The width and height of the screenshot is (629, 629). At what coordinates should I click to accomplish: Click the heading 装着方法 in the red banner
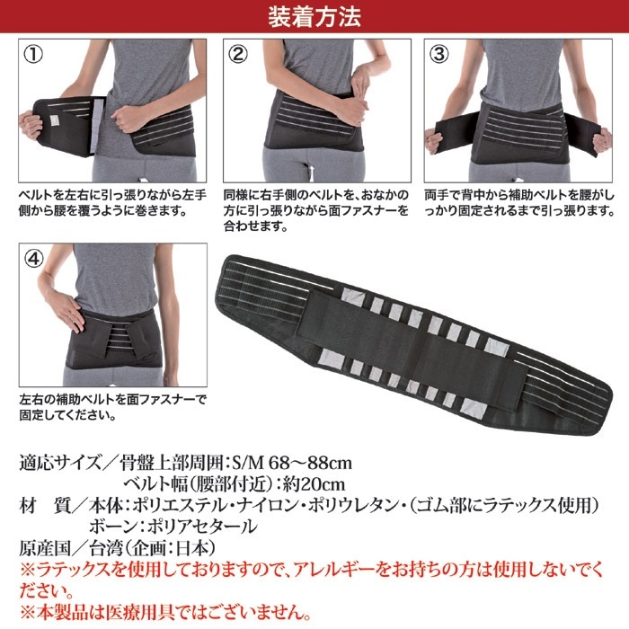click(314, 17)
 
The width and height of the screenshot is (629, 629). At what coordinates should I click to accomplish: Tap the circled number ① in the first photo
click(34, 55)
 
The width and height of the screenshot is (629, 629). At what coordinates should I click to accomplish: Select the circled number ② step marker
click(238, 55)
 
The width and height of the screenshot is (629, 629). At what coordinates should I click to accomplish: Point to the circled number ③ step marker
click(439, 55)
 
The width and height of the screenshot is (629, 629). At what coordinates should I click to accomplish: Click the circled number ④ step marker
click(34, 259)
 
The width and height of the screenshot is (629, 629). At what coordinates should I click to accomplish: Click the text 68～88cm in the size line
click(310, 464)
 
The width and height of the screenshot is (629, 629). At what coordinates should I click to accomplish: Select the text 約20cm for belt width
click(314, 484)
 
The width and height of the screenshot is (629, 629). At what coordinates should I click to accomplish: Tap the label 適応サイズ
click(59, 464)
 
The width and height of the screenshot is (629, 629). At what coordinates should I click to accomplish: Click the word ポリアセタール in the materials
click(202, 527)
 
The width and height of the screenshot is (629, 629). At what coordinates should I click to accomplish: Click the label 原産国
click(45, 548)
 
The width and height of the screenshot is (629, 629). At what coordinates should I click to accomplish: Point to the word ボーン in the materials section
click(106, 527)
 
